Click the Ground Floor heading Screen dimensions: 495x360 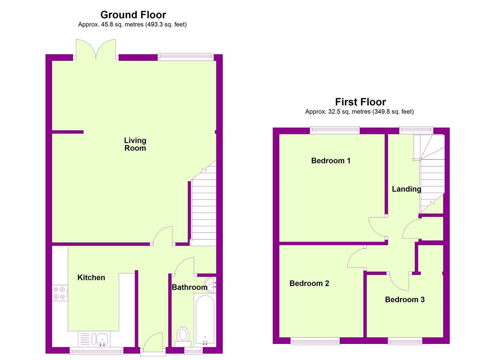pyautogui.click(x=133, y=15)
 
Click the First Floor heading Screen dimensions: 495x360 pyautogui.click(x=360, y=102)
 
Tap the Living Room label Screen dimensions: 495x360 pyautogui.click(x=135, y=144)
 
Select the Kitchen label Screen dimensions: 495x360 pyautogui.click(x=91, y=277)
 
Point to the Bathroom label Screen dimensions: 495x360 pyautogui.click(x=190, y=287)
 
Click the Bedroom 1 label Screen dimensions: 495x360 pyautogui.click(x=331, y=160)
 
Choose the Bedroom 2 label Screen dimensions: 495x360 pyautogui.click(x=309, y=283)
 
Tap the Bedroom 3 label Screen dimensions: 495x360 pyautogui.click(x=405, y=299)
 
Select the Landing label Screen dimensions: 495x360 pyautogui.click(x=406, y=189)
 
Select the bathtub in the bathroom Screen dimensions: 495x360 pyautogui.click(x=205, y=320)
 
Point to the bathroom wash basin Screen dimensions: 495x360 pyautogui.click(x=210, y=285)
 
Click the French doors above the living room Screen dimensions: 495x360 pyautogui.click(x=96, y=49)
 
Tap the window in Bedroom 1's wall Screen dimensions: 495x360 pyautogui.click(x=335, y=130)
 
